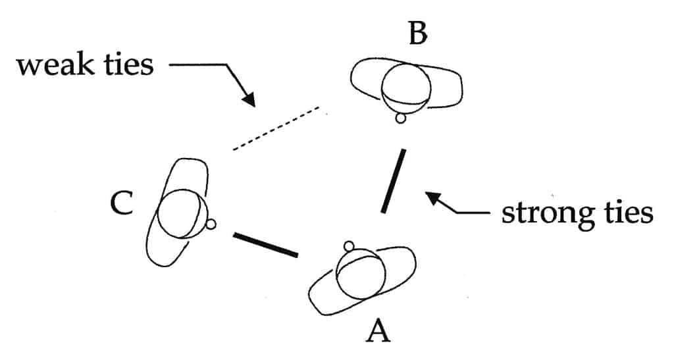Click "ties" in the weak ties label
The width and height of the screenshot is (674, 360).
tap(128, 66)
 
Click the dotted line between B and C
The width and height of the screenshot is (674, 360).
tap(276, 128)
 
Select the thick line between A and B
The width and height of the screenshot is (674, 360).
tap(393, 181)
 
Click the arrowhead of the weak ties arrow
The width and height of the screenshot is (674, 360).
tap(249, 99)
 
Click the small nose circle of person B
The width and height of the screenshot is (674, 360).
tap(399, 119)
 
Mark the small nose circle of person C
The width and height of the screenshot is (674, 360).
tap(211, 224)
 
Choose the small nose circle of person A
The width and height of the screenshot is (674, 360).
tap(350, 247)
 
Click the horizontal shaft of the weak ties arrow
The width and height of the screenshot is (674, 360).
tap(197, 65)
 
